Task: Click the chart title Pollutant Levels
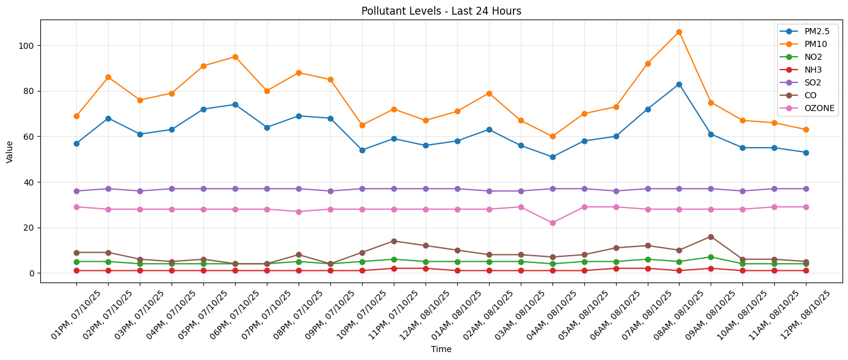click(441, 11)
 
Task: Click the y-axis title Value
click(10, 151)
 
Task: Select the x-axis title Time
click(441, 349)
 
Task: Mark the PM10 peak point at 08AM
click(679, 32)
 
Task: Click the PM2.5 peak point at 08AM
click(679, 84)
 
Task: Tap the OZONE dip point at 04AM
click(553, 223)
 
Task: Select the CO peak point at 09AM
click(711, 237)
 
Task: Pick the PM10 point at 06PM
click(235, 57)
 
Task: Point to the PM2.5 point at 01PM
click(76, 143)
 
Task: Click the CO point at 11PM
click(394, 241)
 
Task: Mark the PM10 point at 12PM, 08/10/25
click(806, 130)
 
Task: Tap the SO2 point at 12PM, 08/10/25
click(806, 189)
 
